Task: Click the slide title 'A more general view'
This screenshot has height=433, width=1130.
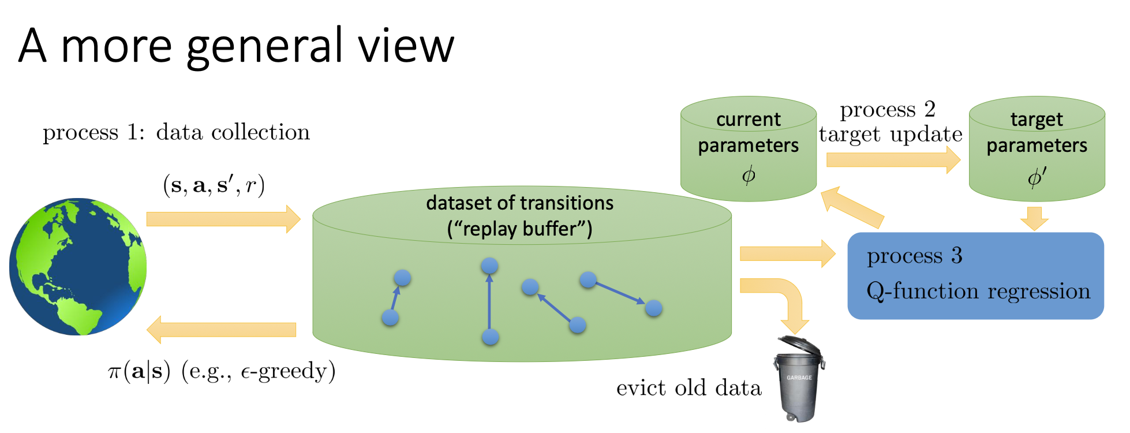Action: tap(237, 46)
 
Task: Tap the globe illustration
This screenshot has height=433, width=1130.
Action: tap(78, 266)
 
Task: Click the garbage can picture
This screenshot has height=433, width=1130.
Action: tap(799, 379)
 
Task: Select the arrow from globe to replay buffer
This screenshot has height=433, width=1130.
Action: tap(223, 219)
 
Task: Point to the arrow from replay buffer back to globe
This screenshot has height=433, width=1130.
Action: tap(222, 330)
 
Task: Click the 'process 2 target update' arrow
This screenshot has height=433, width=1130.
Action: tap(893, 160)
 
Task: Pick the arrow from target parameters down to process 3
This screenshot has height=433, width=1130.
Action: tap(1034, 218)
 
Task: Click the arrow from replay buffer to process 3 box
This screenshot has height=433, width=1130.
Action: tap(788, 253)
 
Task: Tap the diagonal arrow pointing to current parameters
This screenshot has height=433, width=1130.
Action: tap(852, 207)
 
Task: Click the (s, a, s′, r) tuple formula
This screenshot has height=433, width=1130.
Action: tap(214, 185)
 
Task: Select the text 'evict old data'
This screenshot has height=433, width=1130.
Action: tap(689, 388)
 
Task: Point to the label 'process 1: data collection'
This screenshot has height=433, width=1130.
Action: tap(176, 132)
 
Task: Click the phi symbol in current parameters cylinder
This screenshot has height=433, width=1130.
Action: tap(749, 174)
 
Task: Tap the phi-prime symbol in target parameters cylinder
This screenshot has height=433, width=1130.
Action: tap(1037, 177)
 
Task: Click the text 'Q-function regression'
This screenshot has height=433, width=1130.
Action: tap(978, 291)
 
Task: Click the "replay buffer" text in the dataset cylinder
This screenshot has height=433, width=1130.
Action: tap(520, 229)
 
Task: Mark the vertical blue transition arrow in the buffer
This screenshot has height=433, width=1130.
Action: tap(489, 301)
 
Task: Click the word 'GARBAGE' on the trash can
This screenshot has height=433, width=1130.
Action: tap(799, 378)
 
